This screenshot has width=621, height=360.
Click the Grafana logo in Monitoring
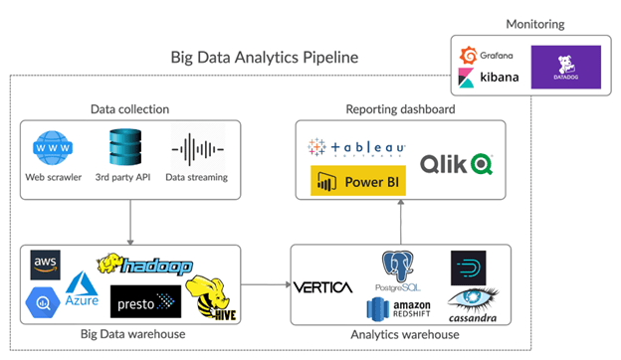tap(483, 56)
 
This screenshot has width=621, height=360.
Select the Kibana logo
tap(484, 77)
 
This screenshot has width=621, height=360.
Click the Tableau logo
tap(358, 148)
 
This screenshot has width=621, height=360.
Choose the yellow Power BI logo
tap(353, 182)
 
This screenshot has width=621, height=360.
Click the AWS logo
tap(47, 265)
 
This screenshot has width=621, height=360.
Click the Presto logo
tap(146, 298)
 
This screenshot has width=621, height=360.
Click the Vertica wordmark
tap(323, 287)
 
